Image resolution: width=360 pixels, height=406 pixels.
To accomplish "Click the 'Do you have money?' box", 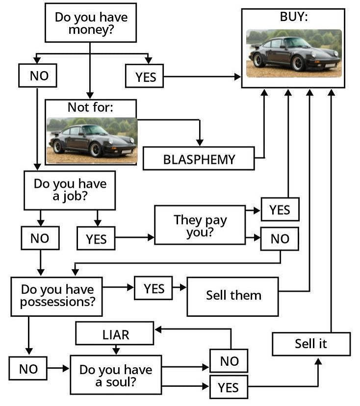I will pos(90,24).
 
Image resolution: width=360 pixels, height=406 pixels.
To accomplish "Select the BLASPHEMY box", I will pos(199,158).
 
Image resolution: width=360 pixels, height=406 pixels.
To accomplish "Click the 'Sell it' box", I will pos(311,344).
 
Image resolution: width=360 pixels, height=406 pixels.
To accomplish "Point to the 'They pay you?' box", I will pos(200,225).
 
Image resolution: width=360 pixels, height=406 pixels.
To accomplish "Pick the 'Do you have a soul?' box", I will pos(116,375).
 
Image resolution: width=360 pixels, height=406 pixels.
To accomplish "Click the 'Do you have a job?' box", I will pos(70,190).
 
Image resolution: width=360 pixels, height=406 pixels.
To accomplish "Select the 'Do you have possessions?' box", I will pos(56,296).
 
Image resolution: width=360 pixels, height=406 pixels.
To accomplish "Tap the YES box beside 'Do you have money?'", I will pos(145,76).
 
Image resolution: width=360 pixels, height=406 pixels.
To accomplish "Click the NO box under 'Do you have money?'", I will pos(37,76).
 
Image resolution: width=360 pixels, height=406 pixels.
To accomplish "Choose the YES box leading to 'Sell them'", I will pos(154,288).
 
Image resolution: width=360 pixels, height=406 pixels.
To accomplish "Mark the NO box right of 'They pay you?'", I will pos(280,239).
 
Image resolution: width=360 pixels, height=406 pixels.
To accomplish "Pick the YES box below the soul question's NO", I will pos(228,387).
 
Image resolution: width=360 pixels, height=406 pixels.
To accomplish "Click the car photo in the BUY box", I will pos(293,53).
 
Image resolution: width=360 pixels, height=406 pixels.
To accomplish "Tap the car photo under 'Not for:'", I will pos(91,140).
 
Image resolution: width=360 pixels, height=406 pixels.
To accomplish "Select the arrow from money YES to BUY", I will pos(202,77).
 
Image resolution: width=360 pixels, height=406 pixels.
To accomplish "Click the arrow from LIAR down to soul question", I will pos(116,350).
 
